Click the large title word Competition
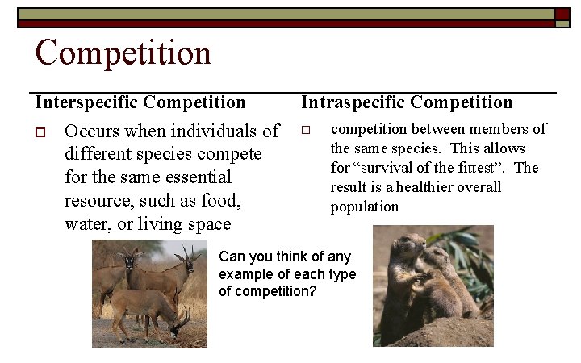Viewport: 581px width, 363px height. coord(123,53)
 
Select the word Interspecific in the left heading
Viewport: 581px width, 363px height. coord(86,102)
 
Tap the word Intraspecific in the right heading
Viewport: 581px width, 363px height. coord(353,102)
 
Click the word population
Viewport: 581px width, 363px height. coord(364,207)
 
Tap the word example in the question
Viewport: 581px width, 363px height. coord(247,274)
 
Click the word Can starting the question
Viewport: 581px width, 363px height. coord(232,257)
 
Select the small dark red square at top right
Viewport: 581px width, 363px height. coord(562,14)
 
